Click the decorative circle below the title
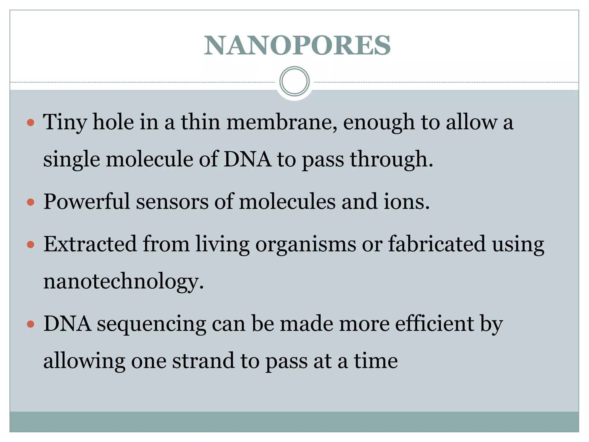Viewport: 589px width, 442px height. point(294,81)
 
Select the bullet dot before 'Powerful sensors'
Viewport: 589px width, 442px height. point(30,202)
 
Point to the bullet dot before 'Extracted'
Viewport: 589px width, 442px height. point(30,245)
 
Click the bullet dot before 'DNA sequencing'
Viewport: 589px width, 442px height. point(30,325)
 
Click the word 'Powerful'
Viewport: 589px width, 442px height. point(87,201)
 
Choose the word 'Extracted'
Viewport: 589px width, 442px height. point(90,244)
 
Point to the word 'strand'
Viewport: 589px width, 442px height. point(203,361)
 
